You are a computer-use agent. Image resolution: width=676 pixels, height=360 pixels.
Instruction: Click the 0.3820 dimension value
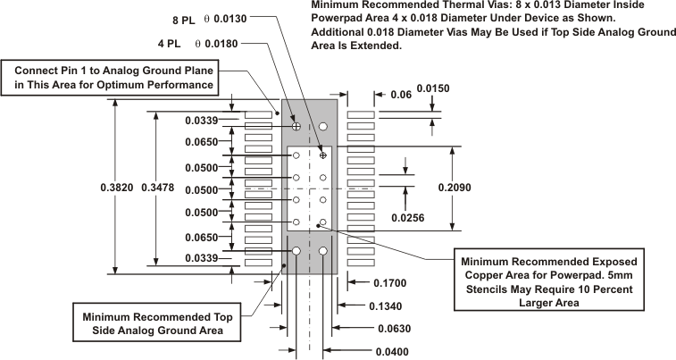coord(121,188)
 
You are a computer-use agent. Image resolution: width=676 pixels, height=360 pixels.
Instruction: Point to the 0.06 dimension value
coord(401,94)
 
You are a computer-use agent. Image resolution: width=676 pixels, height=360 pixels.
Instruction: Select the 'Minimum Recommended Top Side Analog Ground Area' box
coord(157,323)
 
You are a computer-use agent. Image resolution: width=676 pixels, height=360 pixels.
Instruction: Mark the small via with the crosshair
coord(323,156)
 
